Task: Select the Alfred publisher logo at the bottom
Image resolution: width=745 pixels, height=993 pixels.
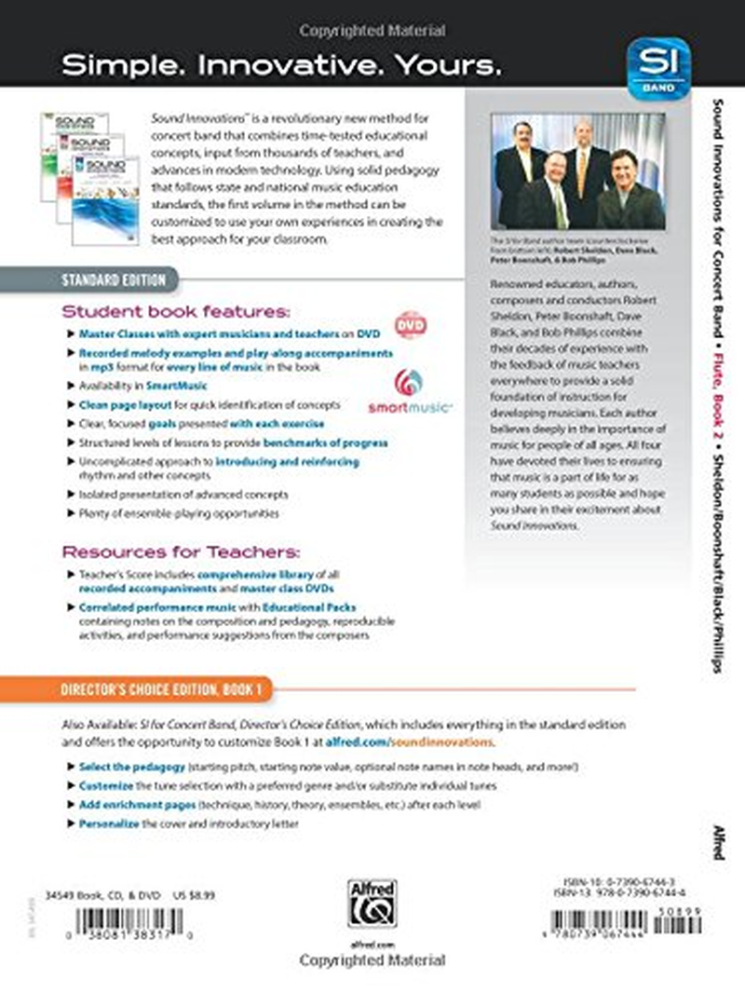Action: [372, 903]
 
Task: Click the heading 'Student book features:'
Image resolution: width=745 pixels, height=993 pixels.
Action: [176, 310]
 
